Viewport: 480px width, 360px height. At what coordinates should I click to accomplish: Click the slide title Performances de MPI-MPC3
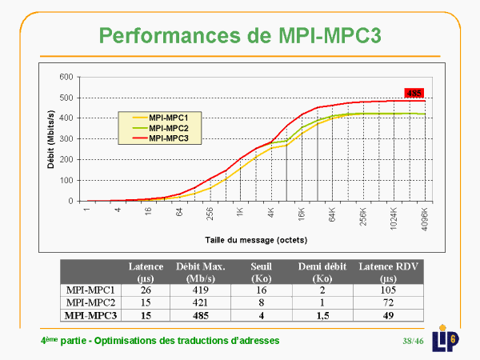[240, 34]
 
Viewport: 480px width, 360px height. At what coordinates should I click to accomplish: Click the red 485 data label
[414, 93]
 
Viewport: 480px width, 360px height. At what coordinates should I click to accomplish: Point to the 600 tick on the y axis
[66, 78]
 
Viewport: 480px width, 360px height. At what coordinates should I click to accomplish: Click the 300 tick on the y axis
[66, 139]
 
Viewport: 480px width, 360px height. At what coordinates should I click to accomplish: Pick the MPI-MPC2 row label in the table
[94, 302]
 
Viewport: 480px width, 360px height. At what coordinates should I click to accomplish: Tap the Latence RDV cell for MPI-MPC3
[389, 316]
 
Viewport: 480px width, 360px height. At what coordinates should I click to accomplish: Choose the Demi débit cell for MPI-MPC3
[323, 316]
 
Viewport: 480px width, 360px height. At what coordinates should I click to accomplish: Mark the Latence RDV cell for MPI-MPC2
[389, 302]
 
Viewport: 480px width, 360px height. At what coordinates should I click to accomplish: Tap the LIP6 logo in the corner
[450, 338]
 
